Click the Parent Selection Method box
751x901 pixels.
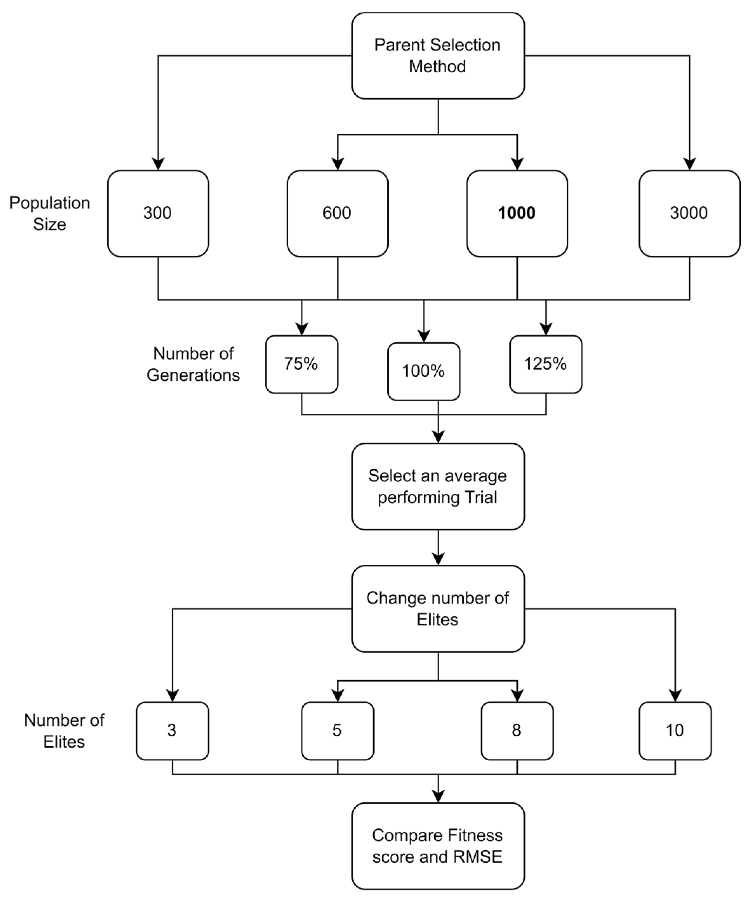(x=437, y=56)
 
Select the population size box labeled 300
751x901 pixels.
(x=158, y=213)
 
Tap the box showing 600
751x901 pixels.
(x=337, y=213)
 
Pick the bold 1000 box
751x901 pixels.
(x=517, y=213)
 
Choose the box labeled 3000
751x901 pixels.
(x=689, y=213)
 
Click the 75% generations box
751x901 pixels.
(x=302, y=364)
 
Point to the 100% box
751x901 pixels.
(x=423, y=371)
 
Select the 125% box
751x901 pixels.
(x=545, y=364)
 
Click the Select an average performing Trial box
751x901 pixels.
(x=437, y=486)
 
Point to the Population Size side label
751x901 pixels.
(x=49, y=213)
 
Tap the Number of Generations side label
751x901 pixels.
(x=193, y=364)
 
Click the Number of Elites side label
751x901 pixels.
(x=64, y=731)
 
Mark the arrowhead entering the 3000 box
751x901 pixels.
(x=689, y=165)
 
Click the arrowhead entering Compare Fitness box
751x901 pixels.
(x=438, y=796)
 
